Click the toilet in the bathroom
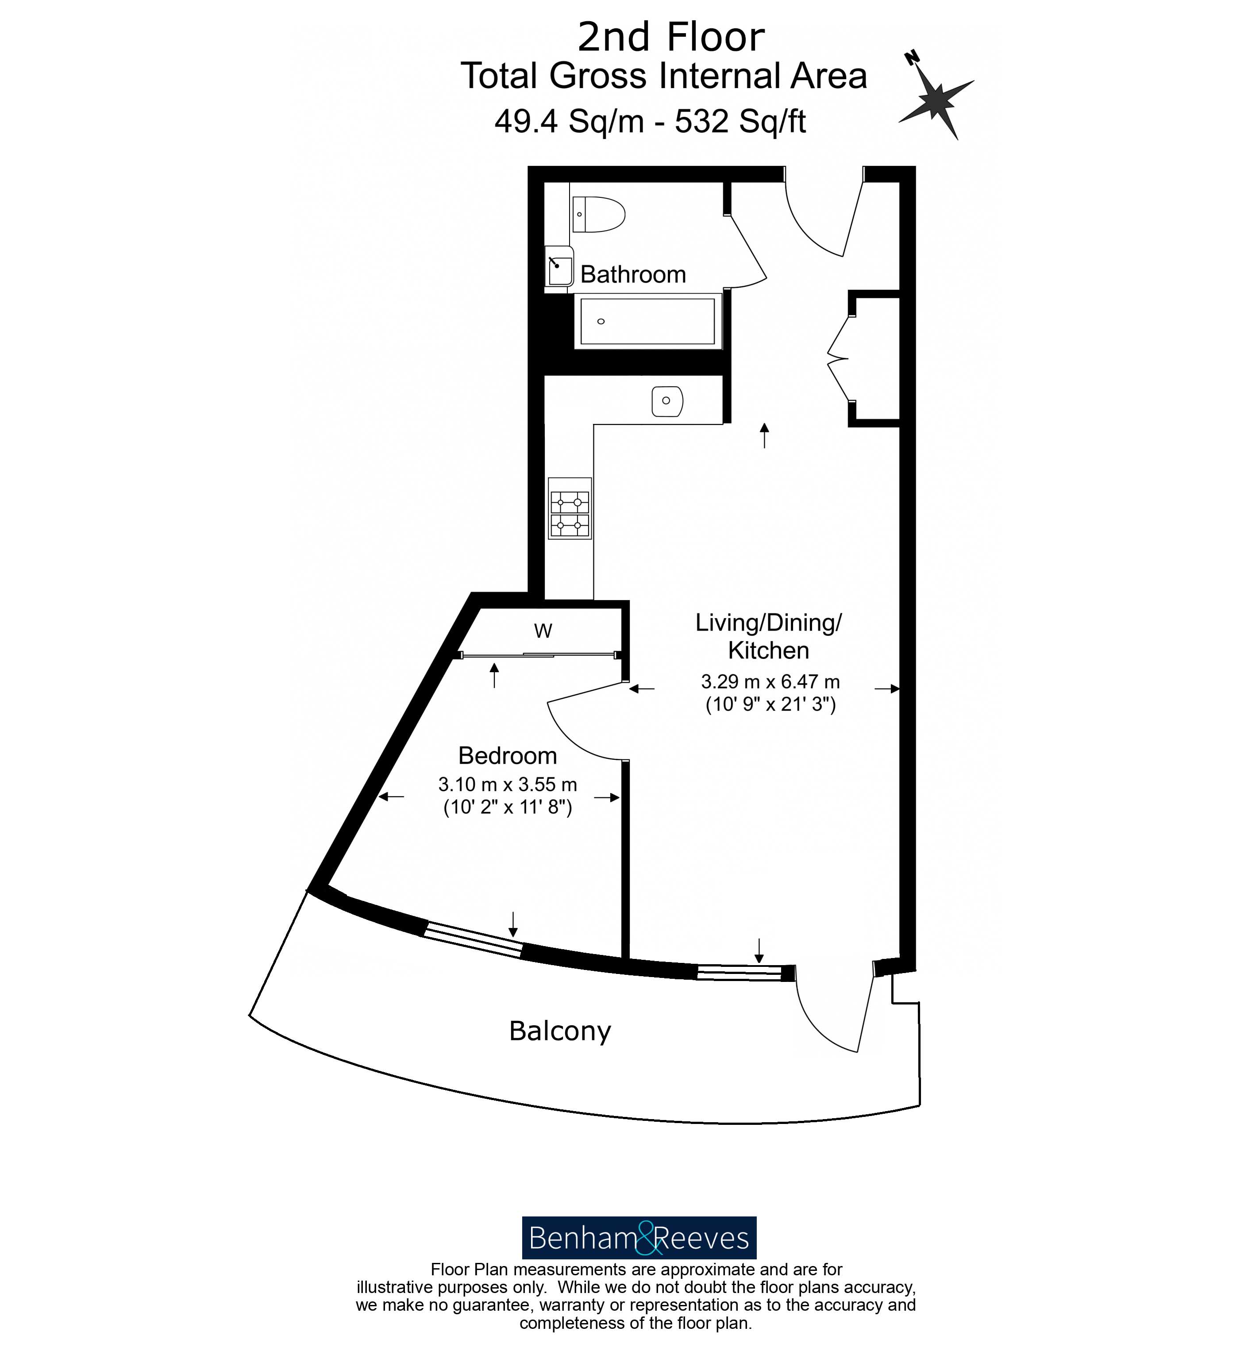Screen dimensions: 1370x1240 (598, 214)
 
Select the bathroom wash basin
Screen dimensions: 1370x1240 (560, 267)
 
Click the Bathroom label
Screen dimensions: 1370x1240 (632, 274)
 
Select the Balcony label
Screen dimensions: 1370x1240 (560, 1031)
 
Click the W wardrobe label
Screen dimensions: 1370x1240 (542, 631)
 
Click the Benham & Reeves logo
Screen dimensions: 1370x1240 (638, 1238)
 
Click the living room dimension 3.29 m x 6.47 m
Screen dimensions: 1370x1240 (770, 681)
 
